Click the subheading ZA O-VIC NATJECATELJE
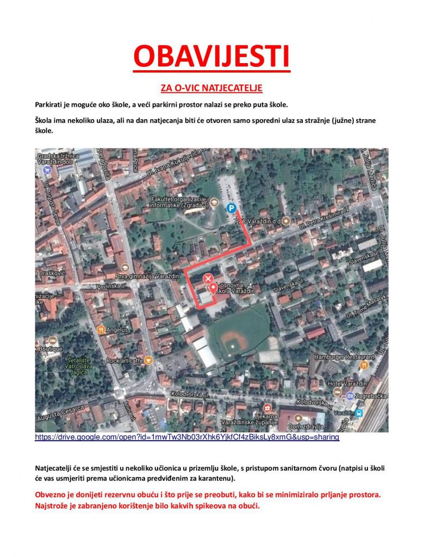pyautogui.click(x=211, y=87)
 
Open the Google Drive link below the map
pyautogui.click(x=187, y=437)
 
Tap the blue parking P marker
pyautogui.click(x=232, y=207)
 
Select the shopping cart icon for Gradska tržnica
pyautogui.click(x=47, y=169)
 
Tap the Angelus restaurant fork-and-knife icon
pyautogui.click(x=101, y=330)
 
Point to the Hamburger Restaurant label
pyautogui.click(x=344, y=357)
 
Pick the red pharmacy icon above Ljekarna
pyautogui.click(x=266, y=407)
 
